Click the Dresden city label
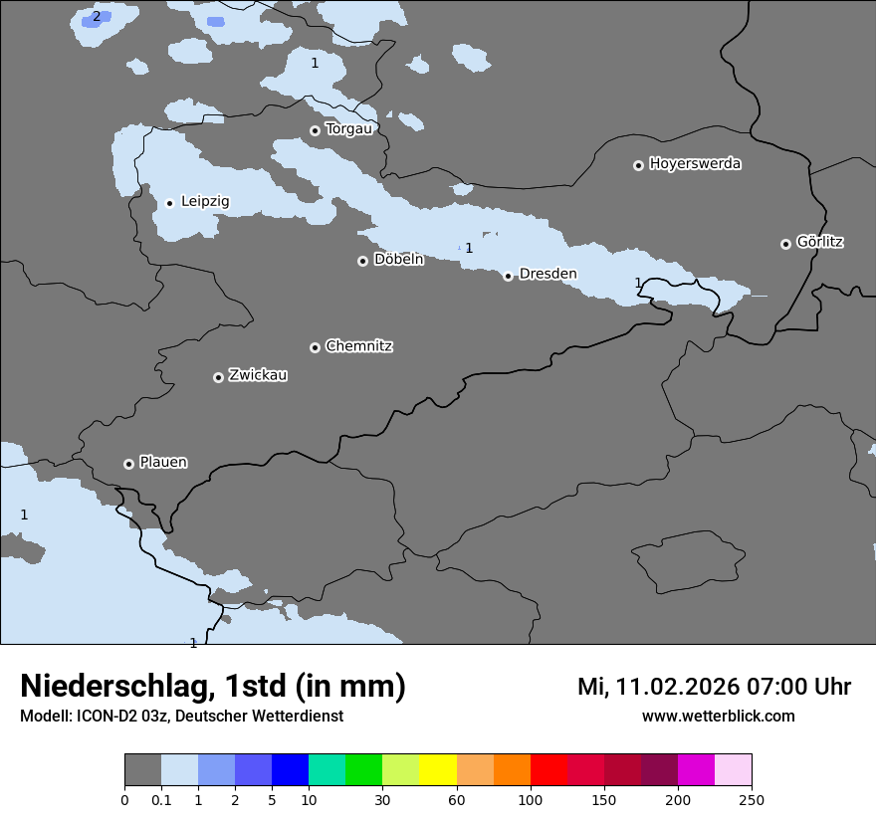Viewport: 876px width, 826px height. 547,274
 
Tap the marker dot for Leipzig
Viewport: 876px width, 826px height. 169,203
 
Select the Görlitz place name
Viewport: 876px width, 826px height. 819,242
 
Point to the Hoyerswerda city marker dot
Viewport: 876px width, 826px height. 638,165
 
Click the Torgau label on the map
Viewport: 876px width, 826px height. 348,129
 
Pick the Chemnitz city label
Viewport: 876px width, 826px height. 358,346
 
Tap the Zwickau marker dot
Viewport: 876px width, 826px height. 218,377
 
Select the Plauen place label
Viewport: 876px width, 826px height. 163,463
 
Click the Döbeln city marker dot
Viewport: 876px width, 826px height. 362,261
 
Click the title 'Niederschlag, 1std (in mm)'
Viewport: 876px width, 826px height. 213,687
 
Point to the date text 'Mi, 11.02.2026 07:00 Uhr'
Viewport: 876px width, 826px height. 714,687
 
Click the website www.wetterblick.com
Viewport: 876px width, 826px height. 718,717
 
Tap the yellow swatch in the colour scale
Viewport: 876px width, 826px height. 438,770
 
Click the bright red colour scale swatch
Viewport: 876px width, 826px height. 548,770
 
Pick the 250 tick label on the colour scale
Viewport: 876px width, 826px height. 752,799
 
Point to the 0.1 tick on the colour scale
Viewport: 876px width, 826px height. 161,799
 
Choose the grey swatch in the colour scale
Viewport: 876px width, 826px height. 142,770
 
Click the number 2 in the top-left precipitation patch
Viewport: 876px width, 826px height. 96,16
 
